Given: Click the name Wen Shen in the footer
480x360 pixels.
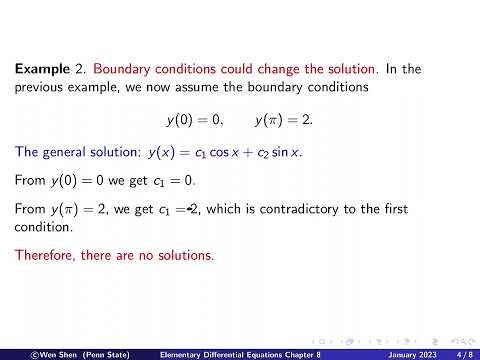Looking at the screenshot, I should [52, 353].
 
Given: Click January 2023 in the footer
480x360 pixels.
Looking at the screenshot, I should [410, 353].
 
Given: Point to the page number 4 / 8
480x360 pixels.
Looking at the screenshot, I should [463, 353].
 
